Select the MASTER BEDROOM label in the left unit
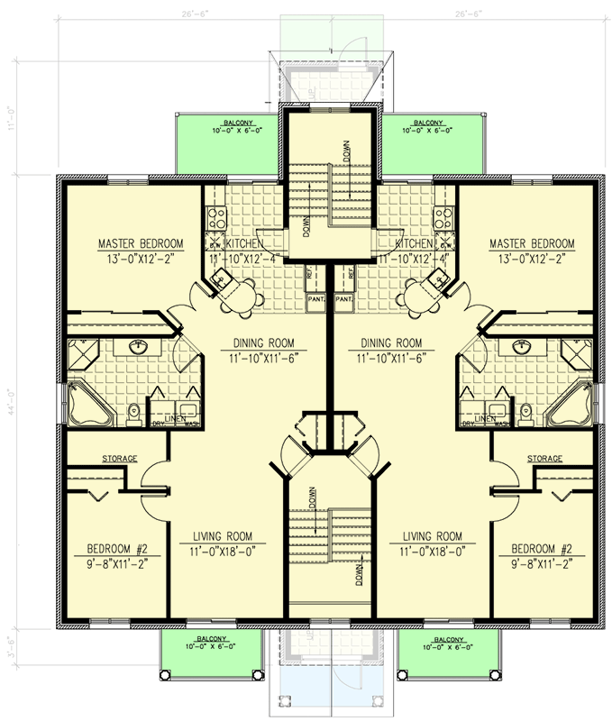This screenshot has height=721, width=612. (141, 243)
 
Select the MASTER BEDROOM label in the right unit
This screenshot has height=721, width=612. (531, 243)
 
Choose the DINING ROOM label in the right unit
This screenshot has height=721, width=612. (390, 342)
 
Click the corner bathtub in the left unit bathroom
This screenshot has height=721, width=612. (86, 403)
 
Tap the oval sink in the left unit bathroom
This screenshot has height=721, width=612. (139, 347)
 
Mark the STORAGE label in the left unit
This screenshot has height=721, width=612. (119, 459)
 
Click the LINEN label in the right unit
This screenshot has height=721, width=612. (485, 417)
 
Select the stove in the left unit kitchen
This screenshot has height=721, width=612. (216, 217)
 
